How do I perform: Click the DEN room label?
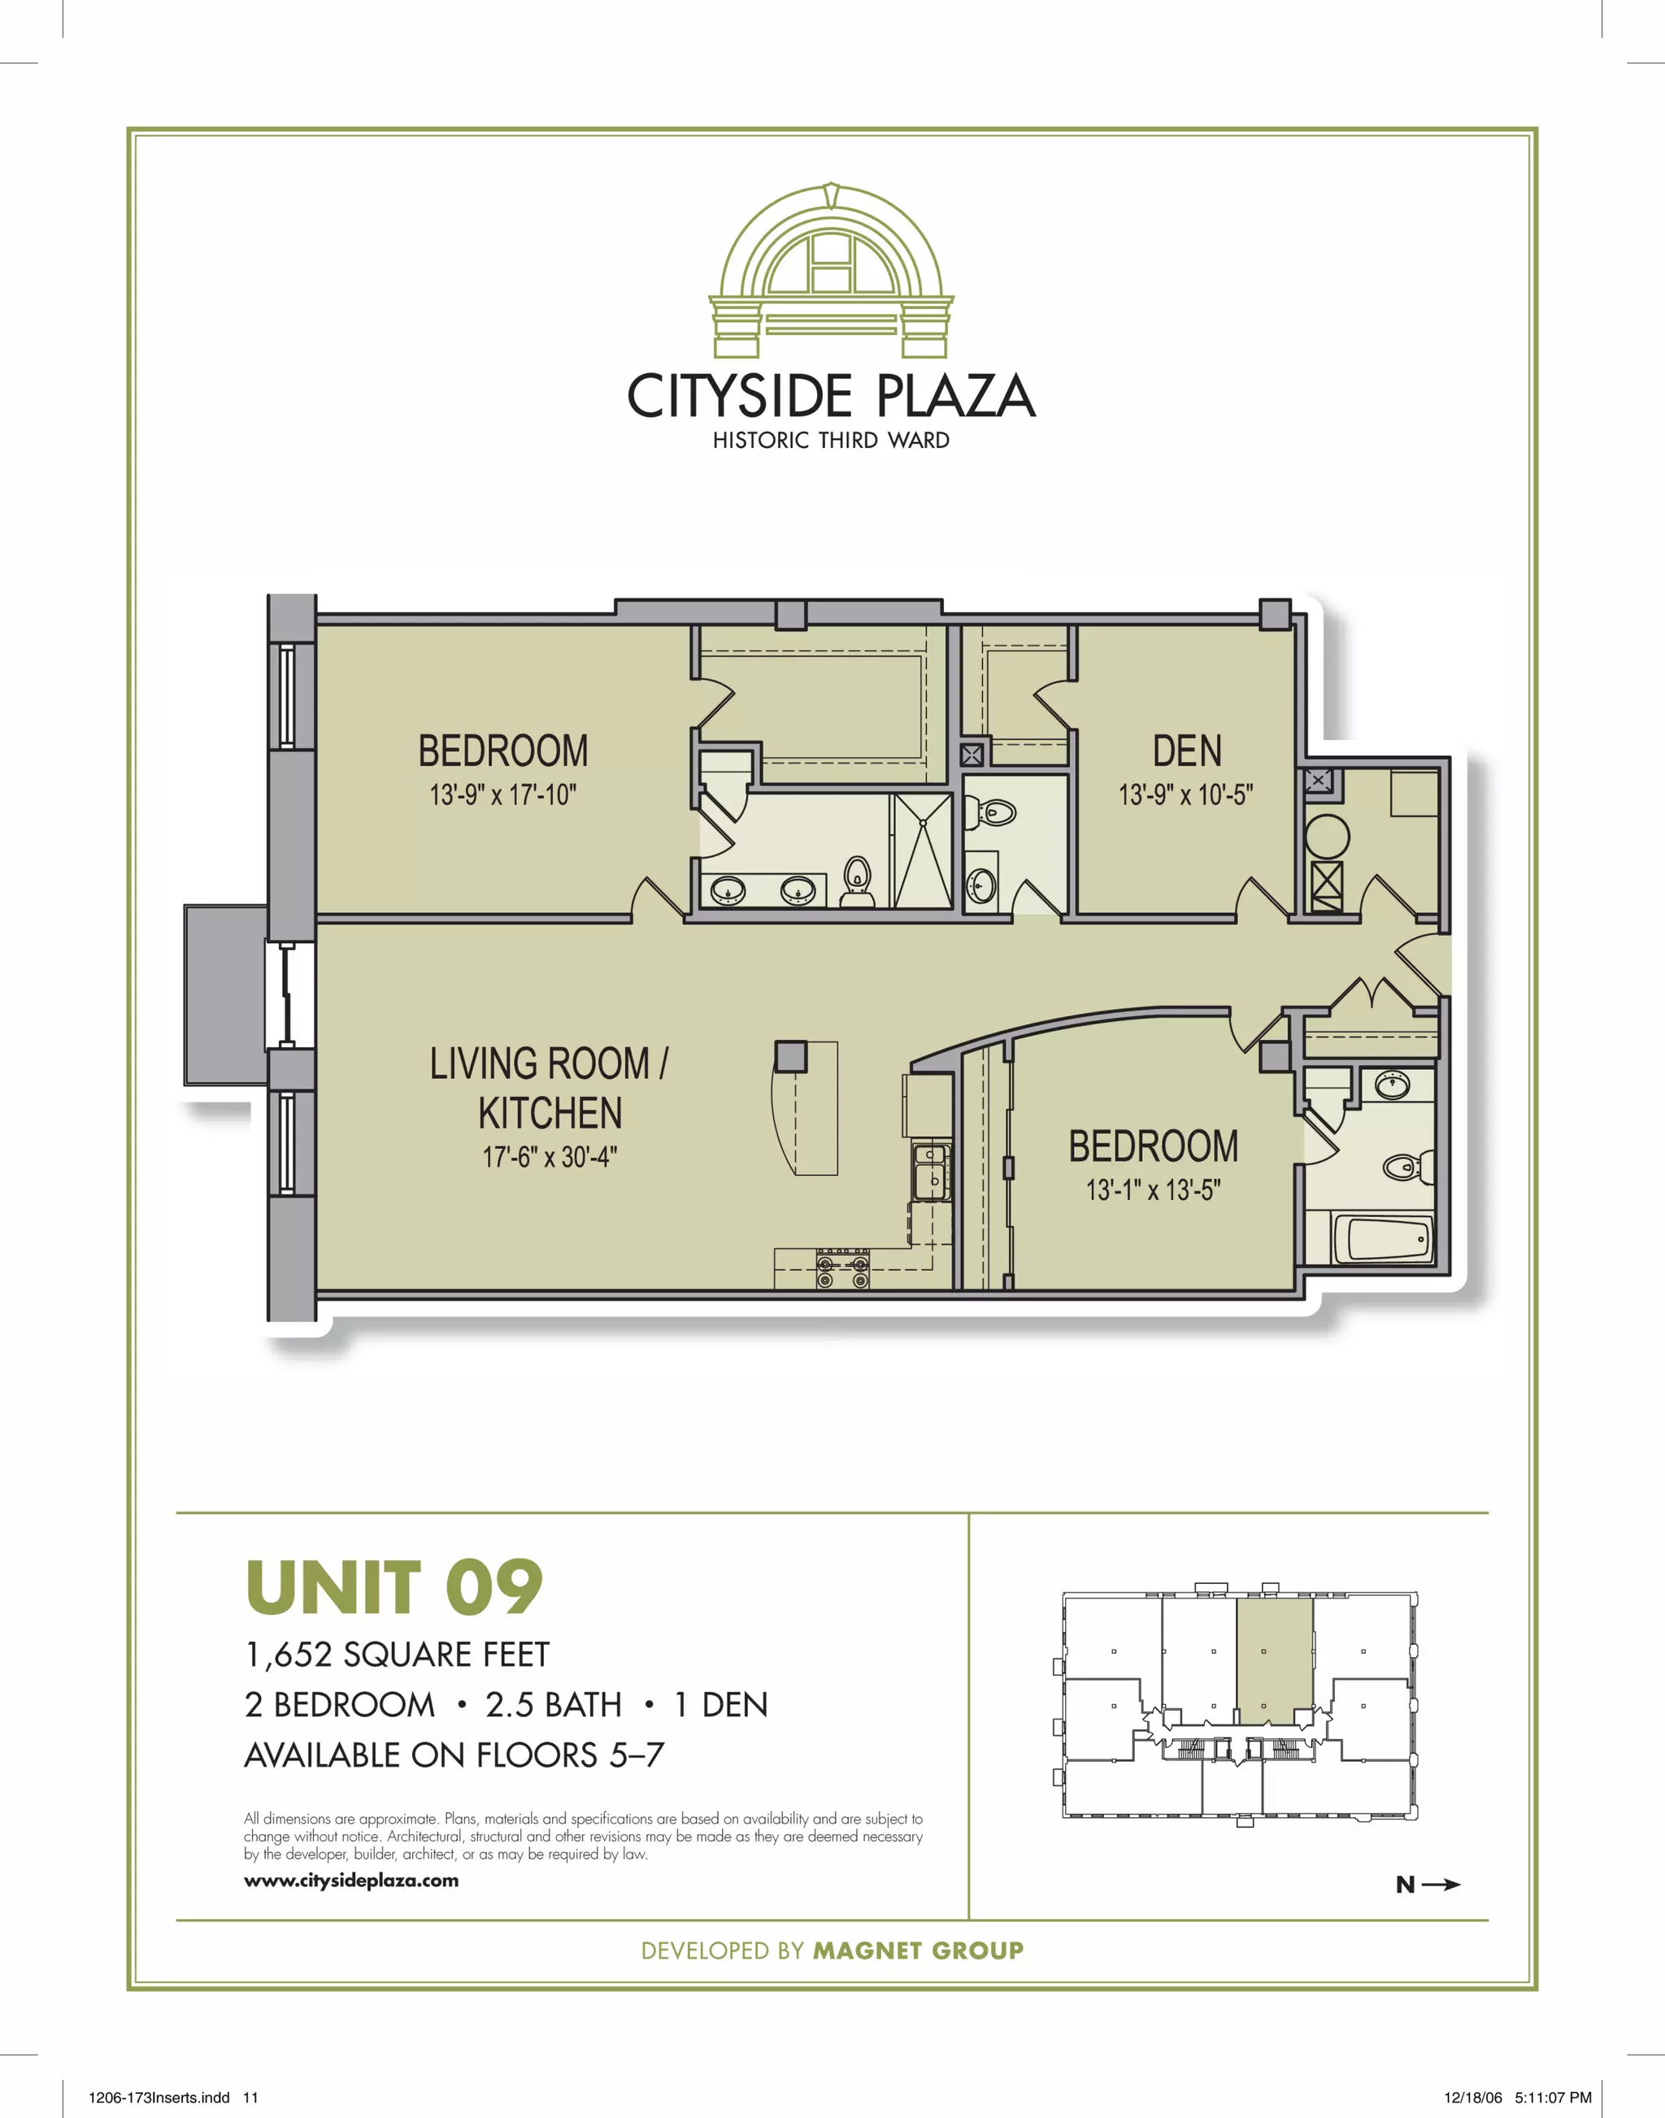[1186, 751]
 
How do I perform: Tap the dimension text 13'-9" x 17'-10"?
[503, 795]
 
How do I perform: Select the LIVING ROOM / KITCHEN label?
[549, 1088]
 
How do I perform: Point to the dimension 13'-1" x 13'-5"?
[1153, 1190]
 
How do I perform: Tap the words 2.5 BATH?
[553, 1705]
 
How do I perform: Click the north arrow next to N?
[1441, 1885]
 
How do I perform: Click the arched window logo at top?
[831, 270]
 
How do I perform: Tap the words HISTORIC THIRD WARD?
[831, 441]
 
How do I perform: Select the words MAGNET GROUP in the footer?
[919, 1951]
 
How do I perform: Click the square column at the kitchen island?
[790, 1057]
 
